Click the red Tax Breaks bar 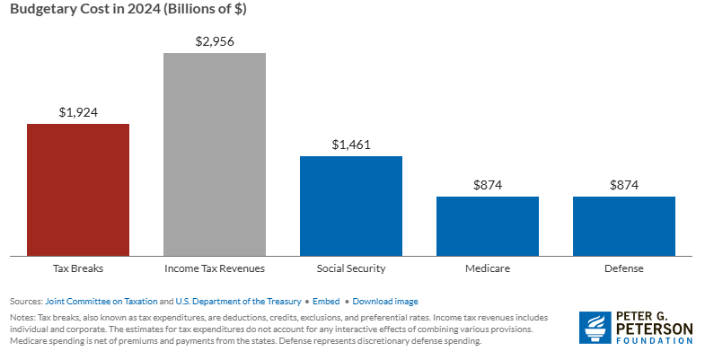(78, 189)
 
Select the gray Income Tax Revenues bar (215, 154)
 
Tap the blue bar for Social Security (351, 205)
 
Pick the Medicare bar (488, 225)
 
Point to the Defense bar (624, 225)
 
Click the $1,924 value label (78, 112)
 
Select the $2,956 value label (215, 41)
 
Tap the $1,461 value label (351, 145)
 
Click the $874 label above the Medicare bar (488, 185)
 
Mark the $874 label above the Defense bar (624, 185)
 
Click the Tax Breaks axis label (78, 268)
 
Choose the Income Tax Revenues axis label (215, 268)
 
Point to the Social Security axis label (351, 268)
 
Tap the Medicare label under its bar (488, 268)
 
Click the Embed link (325, 302)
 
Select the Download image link (385, 302)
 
